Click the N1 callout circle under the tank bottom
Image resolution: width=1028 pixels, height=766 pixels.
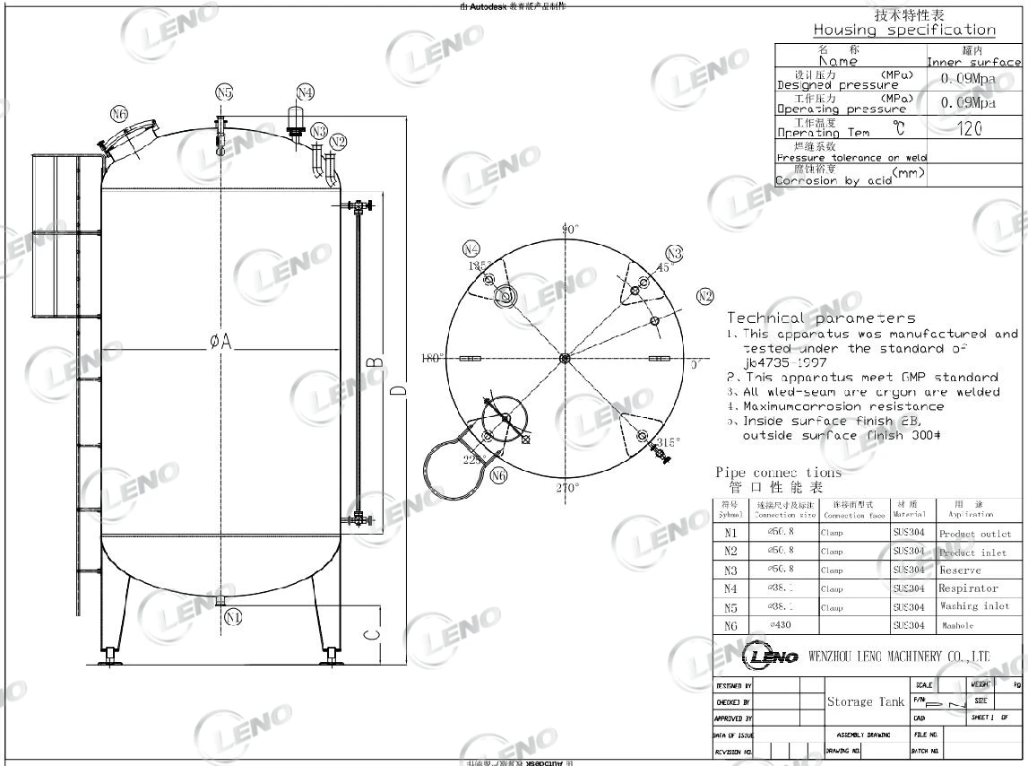[x=233, y=616]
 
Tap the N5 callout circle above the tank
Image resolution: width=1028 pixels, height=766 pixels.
[x=224, y=92]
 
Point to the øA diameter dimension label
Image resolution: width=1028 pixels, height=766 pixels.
[x=220, y=341]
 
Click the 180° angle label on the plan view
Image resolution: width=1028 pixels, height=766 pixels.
[x=432, y=359]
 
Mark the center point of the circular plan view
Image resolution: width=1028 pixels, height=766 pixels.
[x=564, y=359]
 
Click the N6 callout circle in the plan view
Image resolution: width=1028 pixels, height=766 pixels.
[x=500, y=475]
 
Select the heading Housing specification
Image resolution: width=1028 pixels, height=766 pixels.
[x=903, y=30]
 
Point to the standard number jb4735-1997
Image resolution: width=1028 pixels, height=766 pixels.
[x=784, y=362]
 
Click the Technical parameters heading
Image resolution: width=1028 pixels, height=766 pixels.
[x=821, y=318]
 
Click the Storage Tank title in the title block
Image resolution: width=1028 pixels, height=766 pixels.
[x=865, y=701]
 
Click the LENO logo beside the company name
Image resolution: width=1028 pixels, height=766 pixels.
[x=770, y=657]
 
